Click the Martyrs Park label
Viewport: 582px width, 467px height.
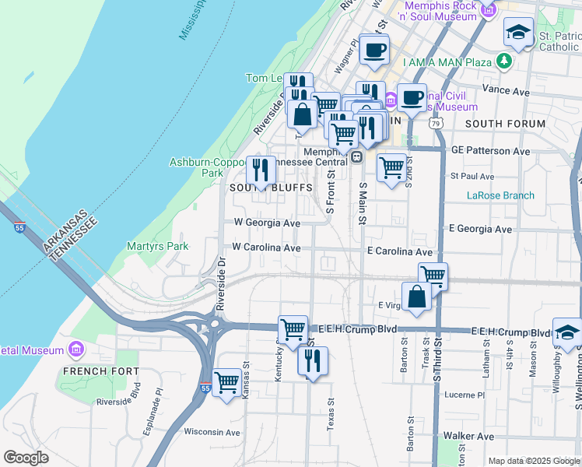(157, 246)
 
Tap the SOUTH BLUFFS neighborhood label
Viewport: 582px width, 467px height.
(260, 188)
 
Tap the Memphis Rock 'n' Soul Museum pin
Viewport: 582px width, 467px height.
(488, 10)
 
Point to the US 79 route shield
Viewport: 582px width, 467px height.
(435, 124)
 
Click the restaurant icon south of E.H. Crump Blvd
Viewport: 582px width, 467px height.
(313, 360)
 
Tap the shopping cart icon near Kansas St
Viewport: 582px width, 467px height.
(226, 382)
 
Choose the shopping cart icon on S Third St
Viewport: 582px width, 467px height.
(433, 275)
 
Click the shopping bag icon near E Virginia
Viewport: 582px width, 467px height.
(417, 297)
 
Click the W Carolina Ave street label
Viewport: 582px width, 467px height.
(266, 248)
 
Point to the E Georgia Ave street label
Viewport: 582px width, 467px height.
(480, 230)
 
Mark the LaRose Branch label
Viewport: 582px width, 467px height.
(500, 195)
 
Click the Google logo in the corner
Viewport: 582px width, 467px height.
(26, 457)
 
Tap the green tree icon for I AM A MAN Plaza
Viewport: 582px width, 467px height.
(506, 61)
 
